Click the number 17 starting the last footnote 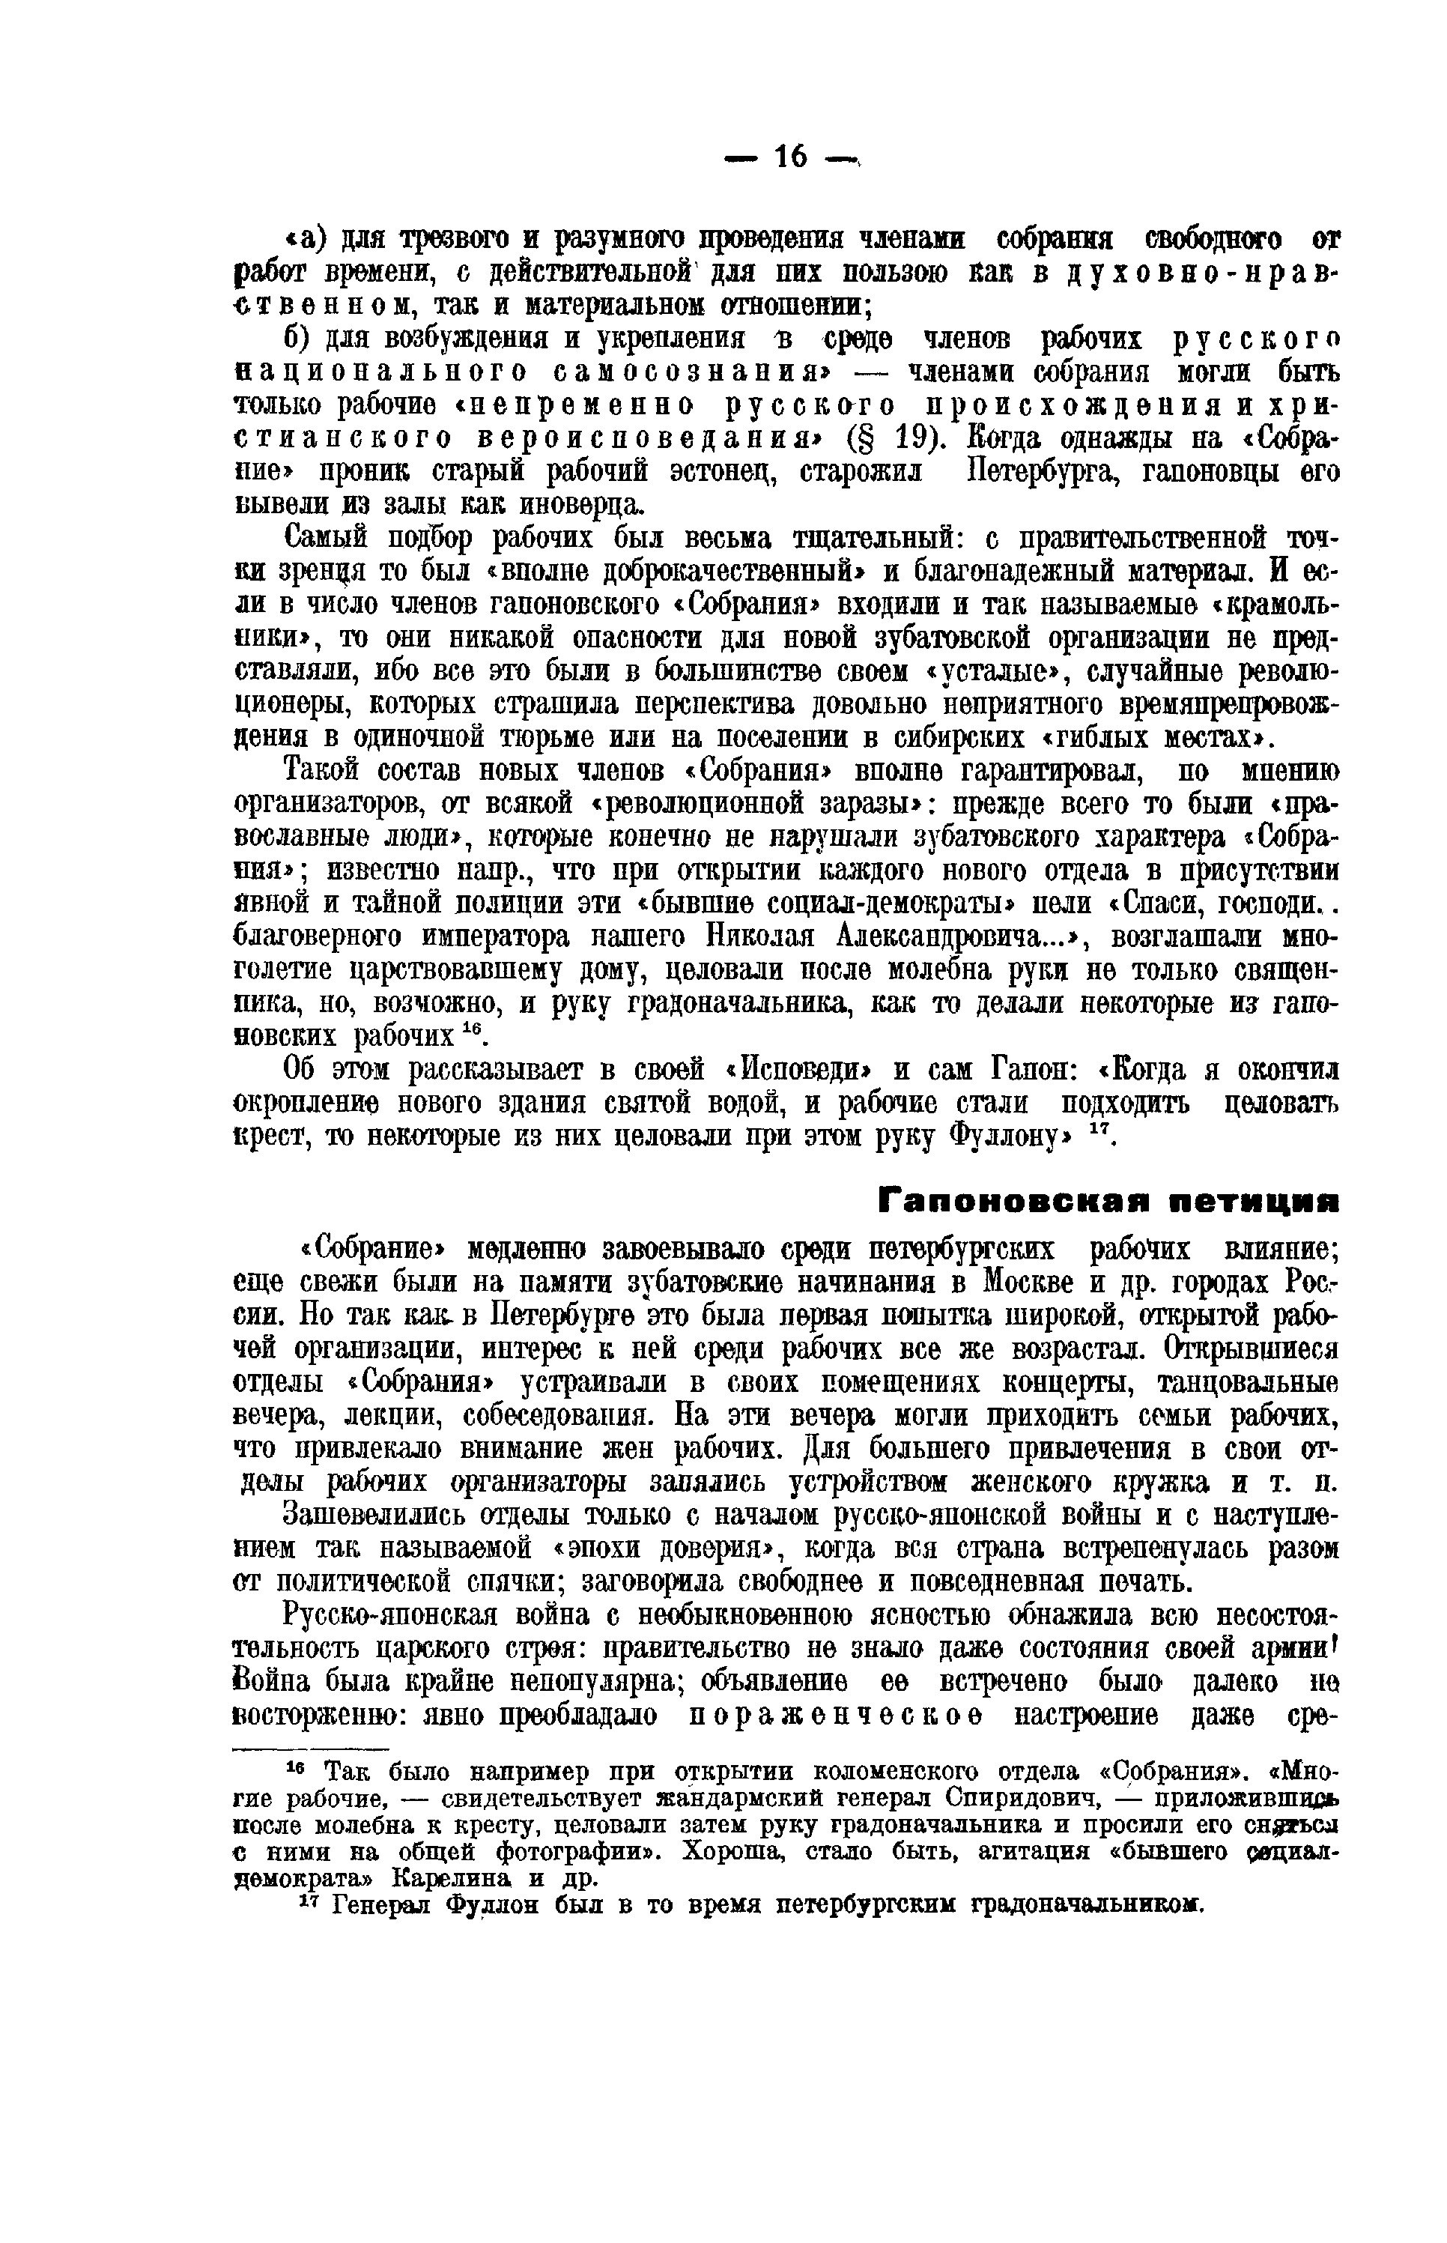[x=310, y=1901]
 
